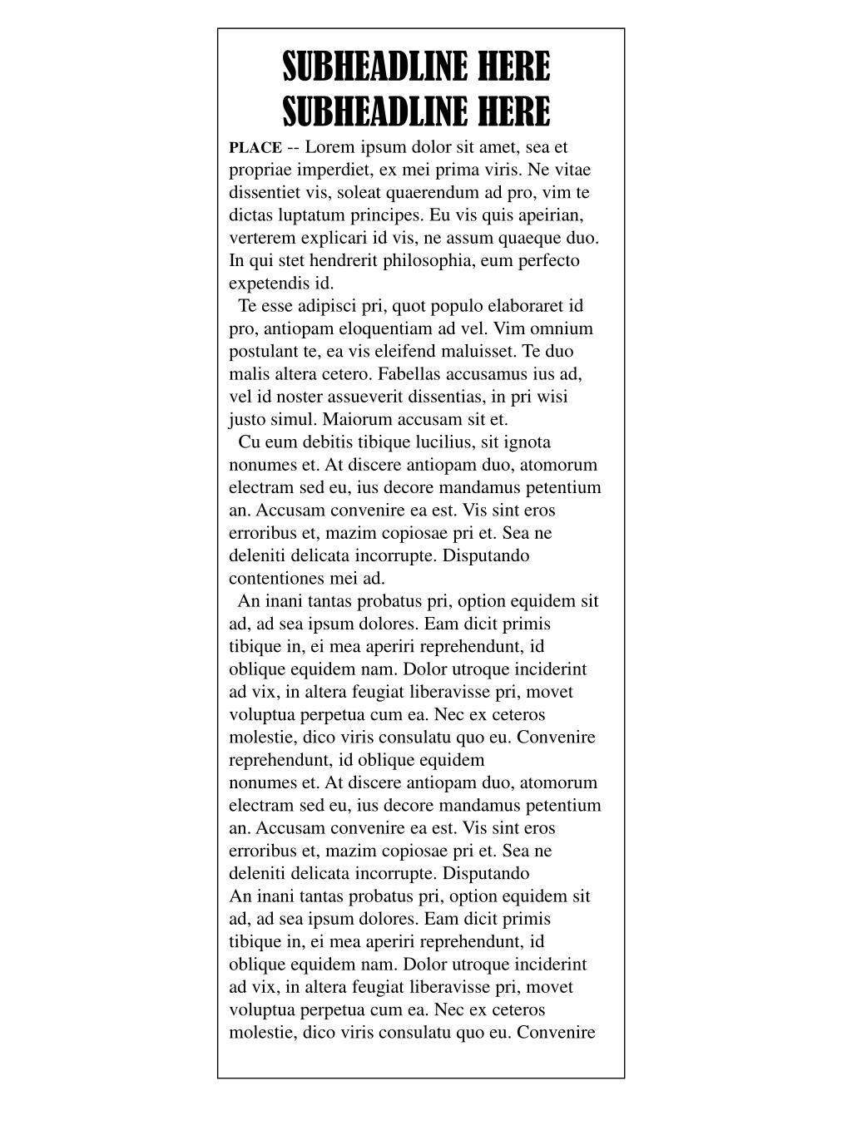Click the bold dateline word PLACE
[x=255, y=148]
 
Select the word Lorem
[x=330, y=147]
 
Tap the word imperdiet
[x=330, y=170]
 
